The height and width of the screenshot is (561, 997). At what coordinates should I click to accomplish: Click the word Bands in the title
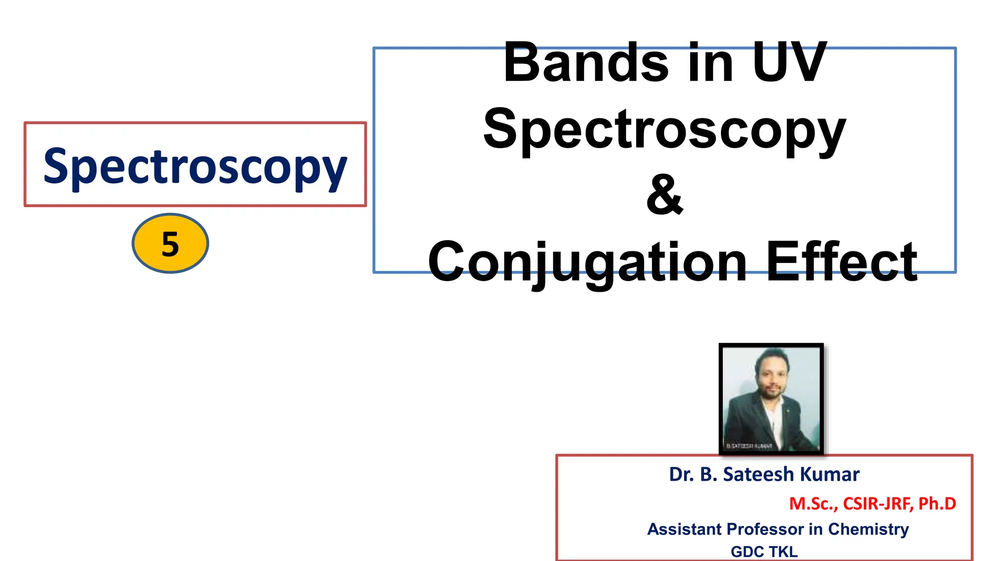tap(586, 63)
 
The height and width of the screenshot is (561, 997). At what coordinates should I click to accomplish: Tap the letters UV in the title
tap(789, 63)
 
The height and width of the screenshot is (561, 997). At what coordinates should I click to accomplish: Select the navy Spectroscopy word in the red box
tap(195, 167)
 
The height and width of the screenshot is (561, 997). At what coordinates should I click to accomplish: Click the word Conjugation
tap(587, 263)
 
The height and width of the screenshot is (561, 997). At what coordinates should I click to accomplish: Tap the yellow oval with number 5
tap(170, 243)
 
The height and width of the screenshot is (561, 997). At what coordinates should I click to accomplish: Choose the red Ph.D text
tap(937, 504)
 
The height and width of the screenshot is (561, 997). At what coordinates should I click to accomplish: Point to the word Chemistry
tap(868, 529)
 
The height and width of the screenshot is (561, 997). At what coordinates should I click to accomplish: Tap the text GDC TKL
tap(764, 552)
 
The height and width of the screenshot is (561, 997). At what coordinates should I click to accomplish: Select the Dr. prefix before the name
tap(682, 474)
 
